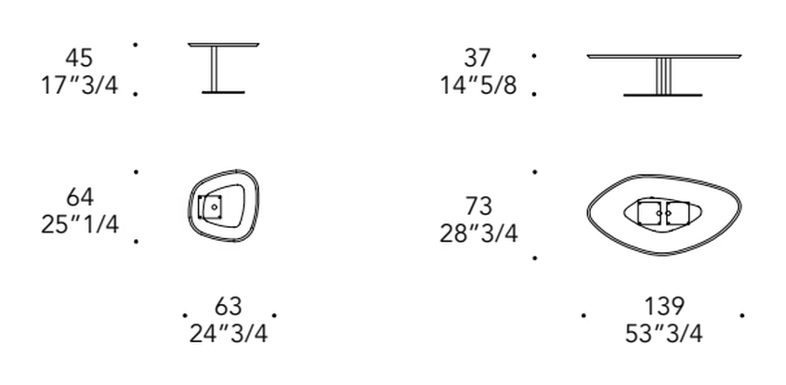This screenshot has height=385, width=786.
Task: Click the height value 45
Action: [x=79, y=58]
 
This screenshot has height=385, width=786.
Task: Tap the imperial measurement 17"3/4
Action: [x=79, y=85]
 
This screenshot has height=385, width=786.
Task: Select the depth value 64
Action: [x=80, y=197]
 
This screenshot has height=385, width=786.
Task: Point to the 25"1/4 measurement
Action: [x=80, y=224]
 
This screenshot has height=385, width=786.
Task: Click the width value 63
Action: [x=228, y=306]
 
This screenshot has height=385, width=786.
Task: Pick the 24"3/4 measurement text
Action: [x=228, y=333]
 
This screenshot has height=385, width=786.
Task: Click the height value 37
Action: [x=477, y=58]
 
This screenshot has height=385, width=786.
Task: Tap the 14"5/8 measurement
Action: [x=478, y=85]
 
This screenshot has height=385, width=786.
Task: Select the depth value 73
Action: [x=478, y=206]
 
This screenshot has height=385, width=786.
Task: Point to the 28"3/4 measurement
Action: [x=478, y=232]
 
